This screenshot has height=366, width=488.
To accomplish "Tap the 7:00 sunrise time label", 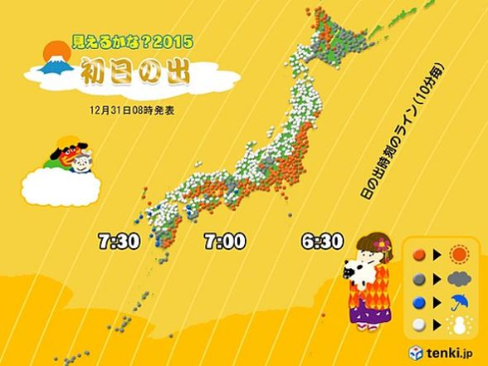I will pos(224,241).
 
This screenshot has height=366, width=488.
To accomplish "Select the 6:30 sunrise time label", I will pos(321,241).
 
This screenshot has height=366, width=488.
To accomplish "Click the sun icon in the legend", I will pos(460,253).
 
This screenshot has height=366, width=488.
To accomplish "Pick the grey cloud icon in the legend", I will pos(460,278).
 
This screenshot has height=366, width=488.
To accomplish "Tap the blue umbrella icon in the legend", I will pos(460,302).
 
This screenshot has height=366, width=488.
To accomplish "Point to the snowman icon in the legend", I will pos(460,326).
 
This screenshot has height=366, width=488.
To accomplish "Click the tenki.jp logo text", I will pos(452,352).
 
